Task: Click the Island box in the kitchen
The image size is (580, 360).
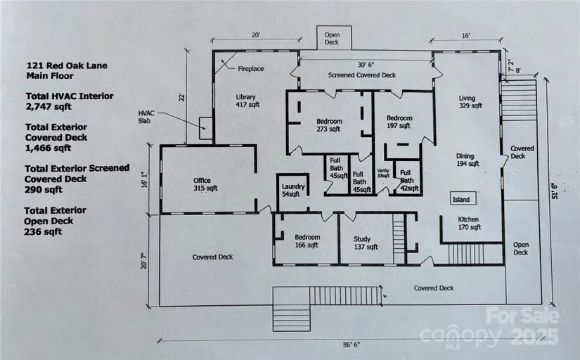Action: tap(460, 200)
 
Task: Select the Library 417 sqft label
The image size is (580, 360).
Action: tap(245, 101)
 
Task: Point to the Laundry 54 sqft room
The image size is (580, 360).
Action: tap(291, 189)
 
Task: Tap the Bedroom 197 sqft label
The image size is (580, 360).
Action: tap(398, 122)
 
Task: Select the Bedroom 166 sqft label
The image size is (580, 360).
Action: tap(307, 241)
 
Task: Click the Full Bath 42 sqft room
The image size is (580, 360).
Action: tap(406, 181)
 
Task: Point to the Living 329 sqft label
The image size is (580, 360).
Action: tap(470, 102)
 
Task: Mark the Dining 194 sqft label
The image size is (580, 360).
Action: tap(464, 160)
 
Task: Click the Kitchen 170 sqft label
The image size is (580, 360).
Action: tap(465, 223)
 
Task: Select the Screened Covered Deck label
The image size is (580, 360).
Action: tap(361, 75)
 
